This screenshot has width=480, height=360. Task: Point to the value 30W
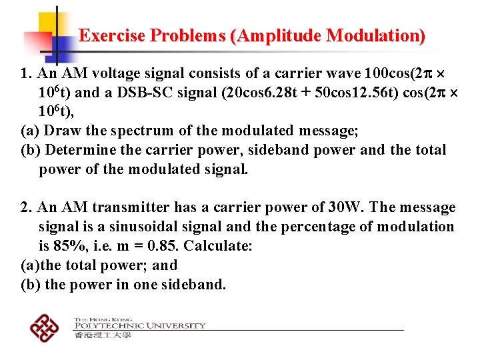(345, 207)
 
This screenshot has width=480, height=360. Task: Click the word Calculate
(218, 246)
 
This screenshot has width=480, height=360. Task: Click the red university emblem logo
(45, 328)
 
